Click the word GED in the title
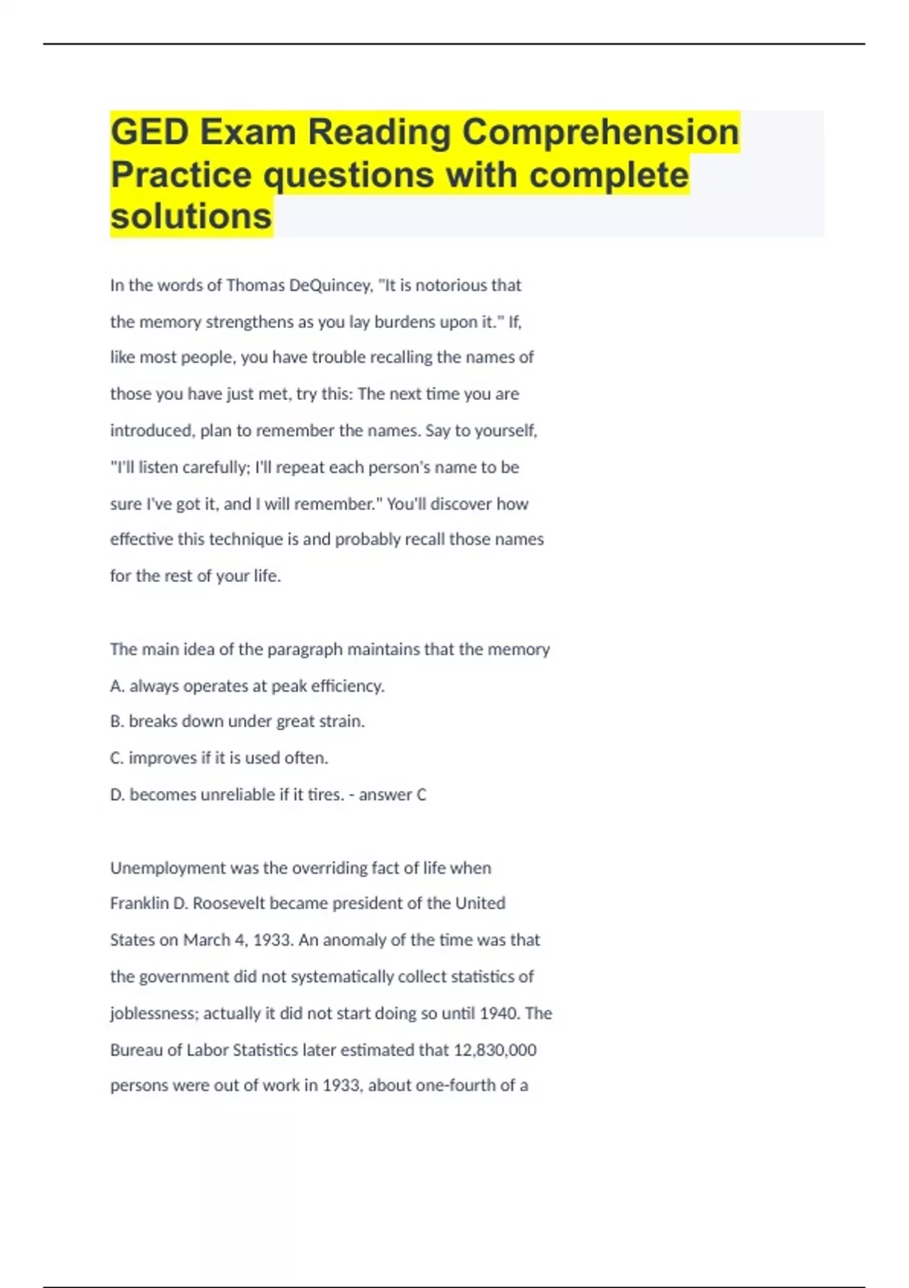(148, 133)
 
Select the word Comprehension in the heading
(600, 133)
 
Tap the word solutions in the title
(191, 217)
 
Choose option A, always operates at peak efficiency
(248, 686)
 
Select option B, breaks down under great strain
(238, 721)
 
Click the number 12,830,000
(495, 1050)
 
